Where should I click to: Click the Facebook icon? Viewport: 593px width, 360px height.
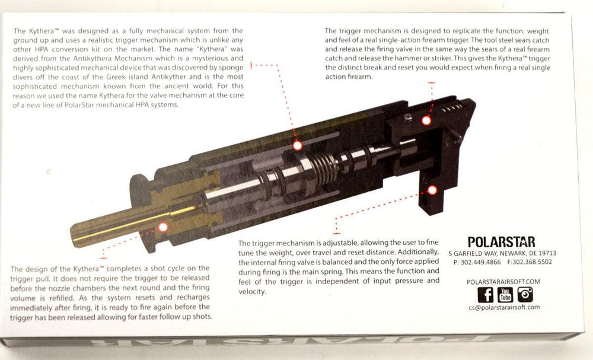click(485, 294)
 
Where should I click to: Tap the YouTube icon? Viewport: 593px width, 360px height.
click(505, 294)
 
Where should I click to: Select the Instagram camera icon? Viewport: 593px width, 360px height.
click(525, 294)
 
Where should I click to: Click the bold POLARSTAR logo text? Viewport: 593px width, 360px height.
click(501, 242)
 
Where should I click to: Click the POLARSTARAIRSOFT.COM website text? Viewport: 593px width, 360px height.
click(503, 281)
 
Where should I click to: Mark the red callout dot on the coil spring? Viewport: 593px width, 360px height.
click(298, 145)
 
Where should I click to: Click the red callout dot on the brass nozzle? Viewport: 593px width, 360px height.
click(163, 227)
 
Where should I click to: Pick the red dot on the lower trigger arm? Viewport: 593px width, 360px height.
click(432, 190)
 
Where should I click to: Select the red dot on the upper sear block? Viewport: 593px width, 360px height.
click(426, 120)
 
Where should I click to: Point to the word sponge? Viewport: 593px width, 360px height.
click(229, 68)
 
